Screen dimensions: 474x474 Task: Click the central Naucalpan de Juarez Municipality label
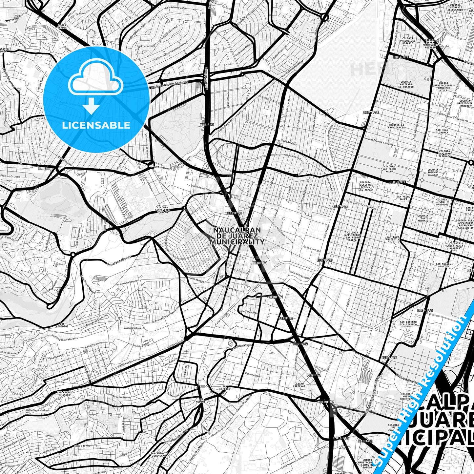(x=237, y=236)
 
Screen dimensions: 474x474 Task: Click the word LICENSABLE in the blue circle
(x=96, y=125)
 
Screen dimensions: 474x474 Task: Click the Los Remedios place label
(x=65, y=325)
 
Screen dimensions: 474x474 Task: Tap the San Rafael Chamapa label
(x=64, y=394)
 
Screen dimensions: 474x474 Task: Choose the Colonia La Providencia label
(x=396, y=126)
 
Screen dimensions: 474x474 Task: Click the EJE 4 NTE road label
(x=401, y=57)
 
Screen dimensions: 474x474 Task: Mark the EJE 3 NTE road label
(x=398, y=182)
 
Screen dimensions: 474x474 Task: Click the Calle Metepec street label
(x=252, y=374)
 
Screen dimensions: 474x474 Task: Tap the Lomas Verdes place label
(x=62, y=26)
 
